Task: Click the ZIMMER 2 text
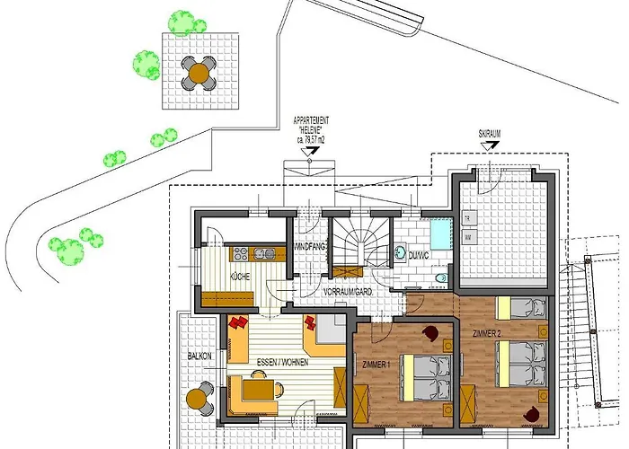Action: [x=488, y=333]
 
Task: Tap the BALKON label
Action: [x=199, y=356]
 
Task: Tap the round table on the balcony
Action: [x=198, y=396]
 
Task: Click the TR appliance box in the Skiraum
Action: [x=468, y=218]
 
